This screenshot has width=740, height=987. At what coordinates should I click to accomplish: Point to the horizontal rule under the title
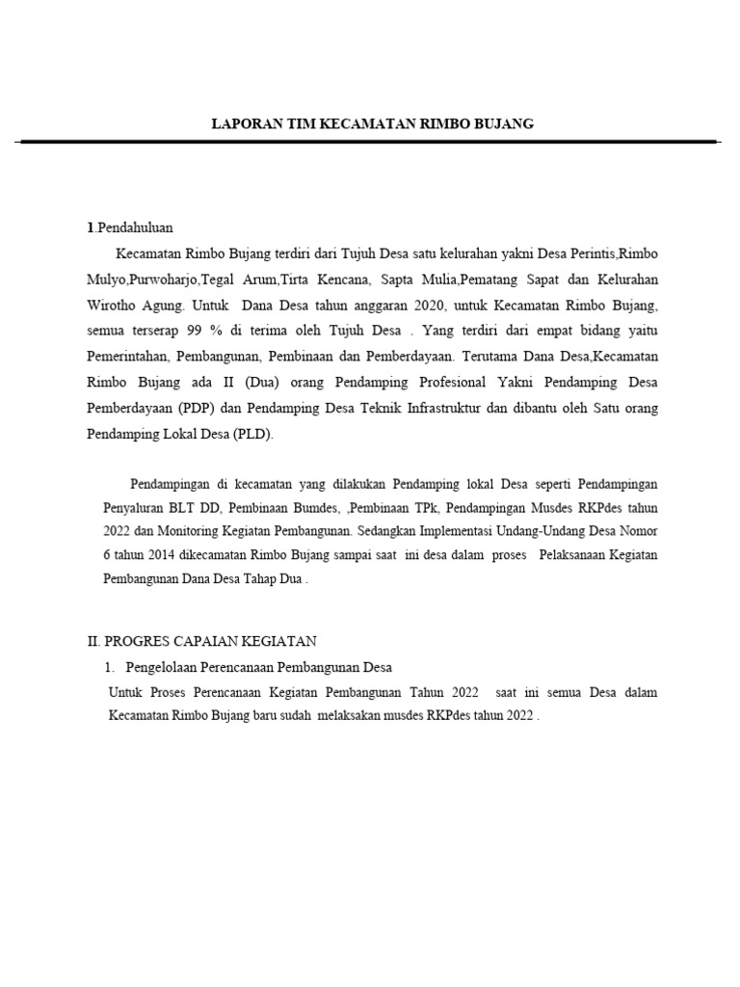click(x=369, y=142)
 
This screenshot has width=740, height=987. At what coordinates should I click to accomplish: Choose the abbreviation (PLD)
click(x=253, y=435)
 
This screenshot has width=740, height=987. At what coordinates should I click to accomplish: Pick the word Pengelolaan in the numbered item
click(x=163, y=668)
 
